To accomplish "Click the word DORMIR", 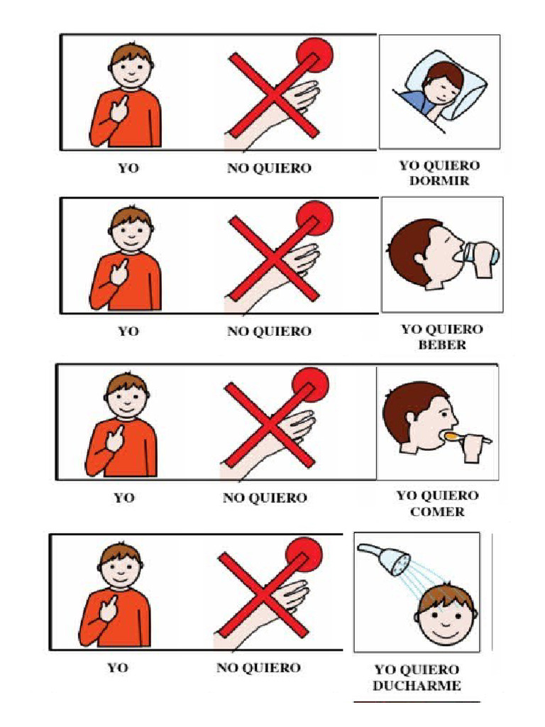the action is pyautogui.click(x=439, y=180).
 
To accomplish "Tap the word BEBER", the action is pyautogui.click(x=442, y=344).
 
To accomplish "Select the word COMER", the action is pyautogui.click(x=437, y=512).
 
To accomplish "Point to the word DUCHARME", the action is pyautogui.click(x=417, y=685).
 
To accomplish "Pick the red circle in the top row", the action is pyautogui.click(x=314, y=55).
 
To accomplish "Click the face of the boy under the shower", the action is pyautogui.click(x=445, y=619).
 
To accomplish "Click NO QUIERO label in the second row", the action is pyautogui.click(x=269, y=331).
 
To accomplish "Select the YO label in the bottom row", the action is pyautogui.click(x=118, y=667).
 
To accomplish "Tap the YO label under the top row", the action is pyautogui.click(x=128, y=168).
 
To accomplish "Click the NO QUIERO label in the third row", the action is pyautogui.click(x=265, y=498).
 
